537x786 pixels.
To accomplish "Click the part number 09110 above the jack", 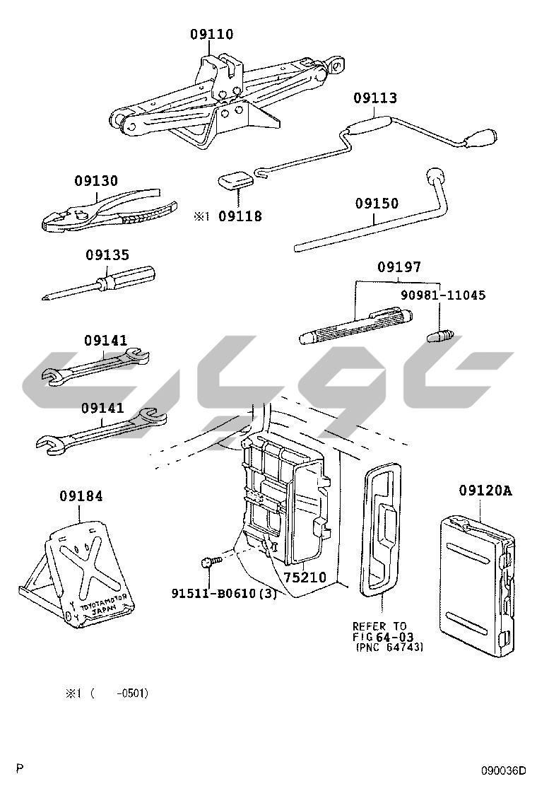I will [211, 34].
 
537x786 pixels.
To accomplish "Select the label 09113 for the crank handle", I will [375, 98].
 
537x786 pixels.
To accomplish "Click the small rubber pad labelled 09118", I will [234, 181].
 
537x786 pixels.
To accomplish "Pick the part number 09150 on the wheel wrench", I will [377, 204].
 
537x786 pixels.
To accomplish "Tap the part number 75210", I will [305, 577].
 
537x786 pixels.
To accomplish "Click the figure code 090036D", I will [504, 770].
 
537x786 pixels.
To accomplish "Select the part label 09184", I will [81, 496].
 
